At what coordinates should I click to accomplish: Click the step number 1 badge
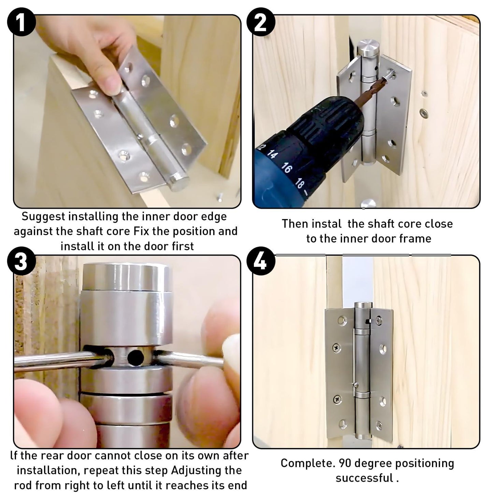coord(21,21)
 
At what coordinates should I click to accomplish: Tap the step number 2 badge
coord(260,21)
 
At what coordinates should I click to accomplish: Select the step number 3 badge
coord(21,262)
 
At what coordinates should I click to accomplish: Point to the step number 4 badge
coord(260,262)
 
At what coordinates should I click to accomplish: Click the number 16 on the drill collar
coord(287,168)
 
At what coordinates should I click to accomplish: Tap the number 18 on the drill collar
coord(299,184)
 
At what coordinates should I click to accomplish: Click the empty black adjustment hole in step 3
coord(136,357)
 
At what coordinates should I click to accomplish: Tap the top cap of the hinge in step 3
coord(126,276)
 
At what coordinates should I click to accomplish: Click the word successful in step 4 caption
coord(364,478)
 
